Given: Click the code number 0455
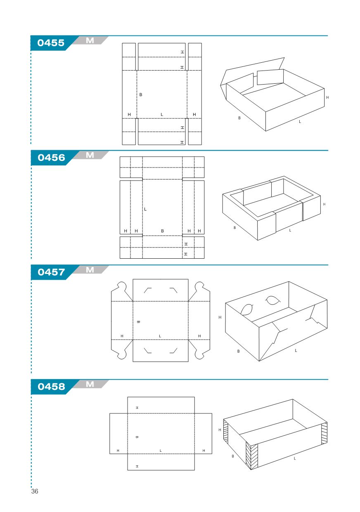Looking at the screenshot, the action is tap(51, 43).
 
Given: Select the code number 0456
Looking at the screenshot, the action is tap(51, 158).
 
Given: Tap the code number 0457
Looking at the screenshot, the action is tap(51, 272).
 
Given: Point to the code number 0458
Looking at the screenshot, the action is tap(51, 387).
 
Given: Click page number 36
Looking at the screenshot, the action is tap(35, 491).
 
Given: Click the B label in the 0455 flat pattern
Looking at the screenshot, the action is tap(141, 94).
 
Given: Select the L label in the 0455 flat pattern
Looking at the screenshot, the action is tap(162, 115).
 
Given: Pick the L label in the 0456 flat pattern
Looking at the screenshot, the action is tap(145, 209).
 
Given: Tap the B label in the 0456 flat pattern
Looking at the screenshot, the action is tap(162, 231).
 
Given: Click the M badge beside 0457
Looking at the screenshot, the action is tap(90, 270).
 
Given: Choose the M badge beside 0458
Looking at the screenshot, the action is tap(90, 384).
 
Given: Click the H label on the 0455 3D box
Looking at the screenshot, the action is tap(327, 98).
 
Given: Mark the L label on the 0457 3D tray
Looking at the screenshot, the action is tap(296, 350).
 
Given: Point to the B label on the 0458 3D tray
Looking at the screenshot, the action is tap(233, 456).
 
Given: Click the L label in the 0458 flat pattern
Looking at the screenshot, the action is tap(161, 451).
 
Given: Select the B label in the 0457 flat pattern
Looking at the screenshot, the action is tap(138, 322).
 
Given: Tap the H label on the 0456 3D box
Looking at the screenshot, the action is tap(324, 204).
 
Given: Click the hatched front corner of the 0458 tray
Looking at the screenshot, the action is tap(252, 455).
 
